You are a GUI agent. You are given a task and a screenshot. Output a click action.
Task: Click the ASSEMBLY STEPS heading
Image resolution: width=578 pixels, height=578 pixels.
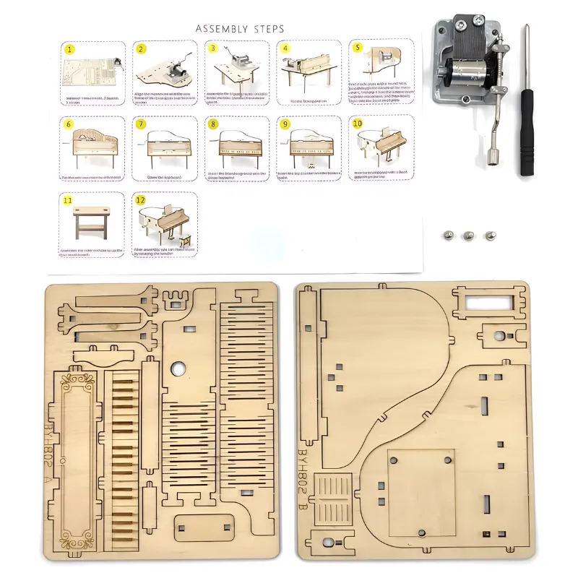coord(240,29)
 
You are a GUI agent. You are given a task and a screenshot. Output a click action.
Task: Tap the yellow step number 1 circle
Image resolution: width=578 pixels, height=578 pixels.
coord(69,50)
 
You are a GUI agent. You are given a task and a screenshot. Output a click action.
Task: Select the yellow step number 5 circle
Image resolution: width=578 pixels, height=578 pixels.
coord(357,48)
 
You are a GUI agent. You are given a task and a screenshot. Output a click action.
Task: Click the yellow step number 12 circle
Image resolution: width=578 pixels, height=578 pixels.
coord(141,200)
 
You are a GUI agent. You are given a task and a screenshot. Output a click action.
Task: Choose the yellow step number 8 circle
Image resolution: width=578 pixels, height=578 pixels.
coord(212,124)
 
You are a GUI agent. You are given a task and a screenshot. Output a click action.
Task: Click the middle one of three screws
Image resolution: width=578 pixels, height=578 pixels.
coord(469,236)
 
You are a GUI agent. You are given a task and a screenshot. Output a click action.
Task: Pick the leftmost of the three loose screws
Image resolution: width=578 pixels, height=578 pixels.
coord(447,236)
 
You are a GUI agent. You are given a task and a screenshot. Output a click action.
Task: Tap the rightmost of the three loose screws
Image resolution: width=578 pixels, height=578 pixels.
coord(491,236)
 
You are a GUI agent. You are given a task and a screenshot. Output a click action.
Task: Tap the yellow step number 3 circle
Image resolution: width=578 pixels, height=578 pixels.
coord(212,48)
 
